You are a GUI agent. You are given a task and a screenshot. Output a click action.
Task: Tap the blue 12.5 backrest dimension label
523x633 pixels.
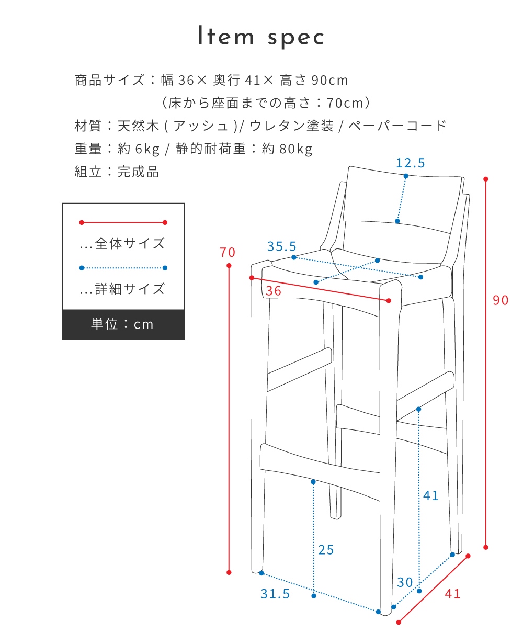click(x=410, y=163)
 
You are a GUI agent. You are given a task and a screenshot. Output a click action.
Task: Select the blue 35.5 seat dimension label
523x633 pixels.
click(x=281, y=246)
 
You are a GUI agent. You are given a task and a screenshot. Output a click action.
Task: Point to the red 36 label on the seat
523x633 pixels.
click(x=274, y=291)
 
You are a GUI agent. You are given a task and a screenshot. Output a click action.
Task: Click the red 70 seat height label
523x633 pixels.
click(x=228, y=253)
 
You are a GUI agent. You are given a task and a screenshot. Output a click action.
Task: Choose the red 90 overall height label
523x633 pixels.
click(x=501, y=300)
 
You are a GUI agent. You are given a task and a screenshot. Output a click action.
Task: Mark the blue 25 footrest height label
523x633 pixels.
click(x=326, y=550)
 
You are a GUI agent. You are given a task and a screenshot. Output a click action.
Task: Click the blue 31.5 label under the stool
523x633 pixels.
click(x=275, y=594)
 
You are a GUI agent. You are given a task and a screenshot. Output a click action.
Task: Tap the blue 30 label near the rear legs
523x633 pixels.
click(x=405, y=582)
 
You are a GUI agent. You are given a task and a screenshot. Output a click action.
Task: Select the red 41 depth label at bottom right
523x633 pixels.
click(x=453, y=594)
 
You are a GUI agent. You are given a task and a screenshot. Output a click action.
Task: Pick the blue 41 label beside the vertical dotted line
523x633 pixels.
click(x=431, y=495)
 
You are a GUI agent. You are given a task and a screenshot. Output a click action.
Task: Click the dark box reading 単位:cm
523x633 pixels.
click(x=123, y=324)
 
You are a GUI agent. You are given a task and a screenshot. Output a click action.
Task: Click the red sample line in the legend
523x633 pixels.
click(x=123, y=222)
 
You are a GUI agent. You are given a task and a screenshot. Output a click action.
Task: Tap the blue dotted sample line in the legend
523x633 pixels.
click(x=123, y=268)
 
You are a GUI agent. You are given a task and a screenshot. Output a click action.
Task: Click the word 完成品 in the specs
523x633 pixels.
click(x=138, y=172)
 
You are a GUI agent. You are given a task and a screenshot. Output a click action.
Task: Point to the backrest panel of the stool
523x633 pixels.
click(x=403, y=199)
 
